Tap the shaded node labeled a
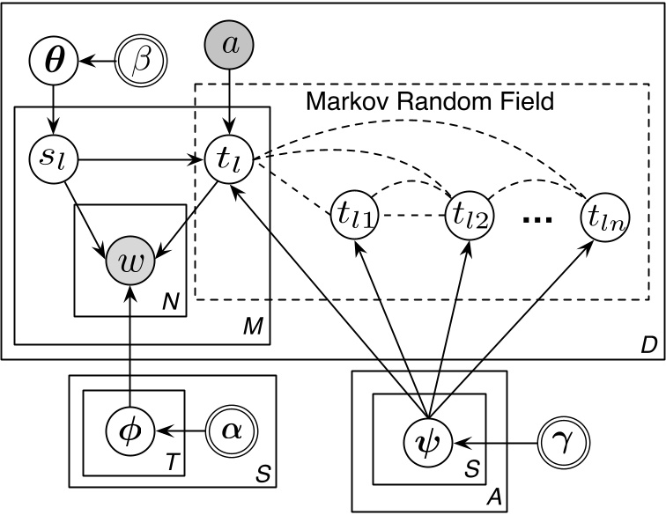pyautogui.click(x=229, y=45)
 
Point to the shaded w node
pyautogui.click(x=129, y=260)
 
